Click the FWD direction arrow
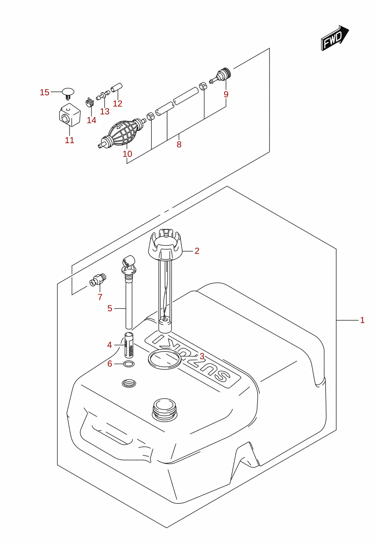pyautogui.click(x=335, y=38)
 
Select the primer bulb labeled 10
pyautogui.click(x=122, y=133)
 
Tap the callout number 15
pyautogui.click(x=45, y=92)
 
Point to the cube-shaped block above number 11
pyautogui.click(x=70, y=115)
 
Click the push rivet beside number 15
pyautogui.click(x=68, y=94)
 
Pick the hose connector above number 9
pyautogui.click(x=220, y=75)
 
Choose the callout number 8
pyautogui.click(x=179, y=144)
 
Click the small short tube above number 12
pyautogui.click(x=117, y=88)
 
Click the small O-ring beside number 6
pyautogui.click(x=129, y=364)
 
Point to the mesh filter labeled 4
pyautogui.click(x=129, y=345)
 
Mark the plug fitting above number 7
pyautogui.click(x=98, y=279)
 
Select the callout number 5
pyautogui.click(x=110, y=308)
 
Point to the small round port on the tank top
pyautogui.click(x=129, y=383)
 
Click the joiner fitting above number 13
pyautogui.click(x=103, y=95)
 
